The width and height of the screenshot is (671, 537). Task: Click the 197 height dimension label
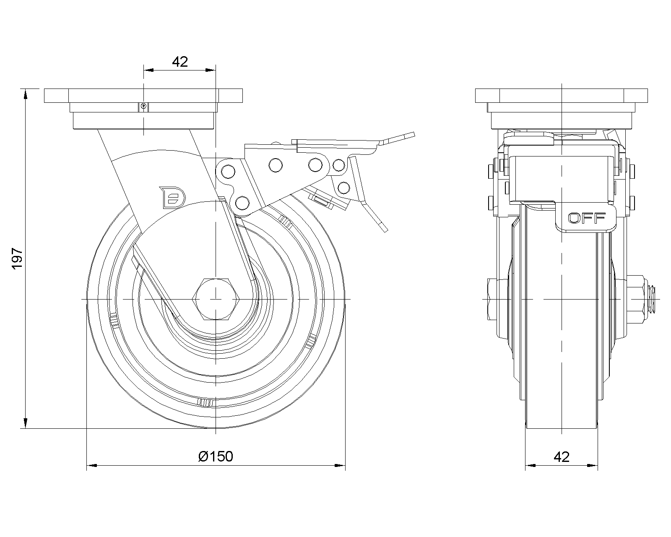[17, 258]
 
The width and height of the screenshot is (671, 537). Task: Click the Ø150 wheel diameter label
[216, 456]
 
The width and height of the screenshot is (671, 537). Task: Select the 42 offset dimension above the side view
[179, 62]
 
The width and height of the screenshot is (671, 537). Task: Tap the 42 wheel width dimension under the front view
[562, 456]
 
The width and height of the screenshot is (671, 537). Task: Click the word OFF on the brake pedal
[587, 217]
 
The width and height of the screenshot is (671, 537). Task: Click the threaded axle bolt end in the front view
[653, 299]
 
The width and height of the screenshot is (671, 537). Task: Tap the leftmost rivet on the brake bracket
[228, 171]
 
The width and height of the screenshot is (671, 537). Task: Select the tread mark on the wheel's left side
[113, 322]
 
